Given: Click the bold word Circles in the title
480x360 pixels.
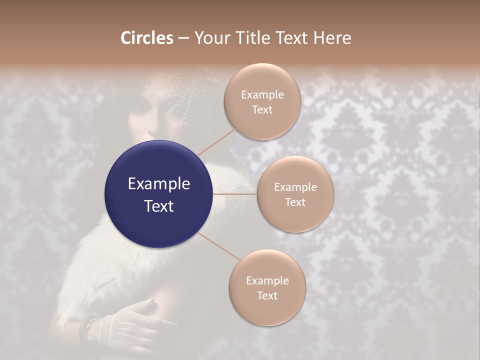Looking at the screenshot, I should tap(147, 38).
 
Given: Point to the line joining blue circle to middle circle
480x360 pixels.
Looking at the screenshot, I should tap(235, 194).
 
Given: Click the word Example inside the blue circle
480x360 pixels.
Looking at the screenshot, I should tap(159, 184).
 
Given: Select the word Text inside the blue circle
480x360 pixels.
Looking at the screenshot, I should tap(159, 206).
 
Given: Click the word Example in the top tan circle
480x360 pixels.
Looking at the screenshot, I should tap(262, 94).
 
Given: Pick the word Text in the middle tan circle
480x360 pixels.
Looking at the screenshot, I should tap(295, 202).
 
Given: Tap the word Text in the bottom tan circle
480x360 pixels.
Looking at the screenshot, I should tap(267, 295).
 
